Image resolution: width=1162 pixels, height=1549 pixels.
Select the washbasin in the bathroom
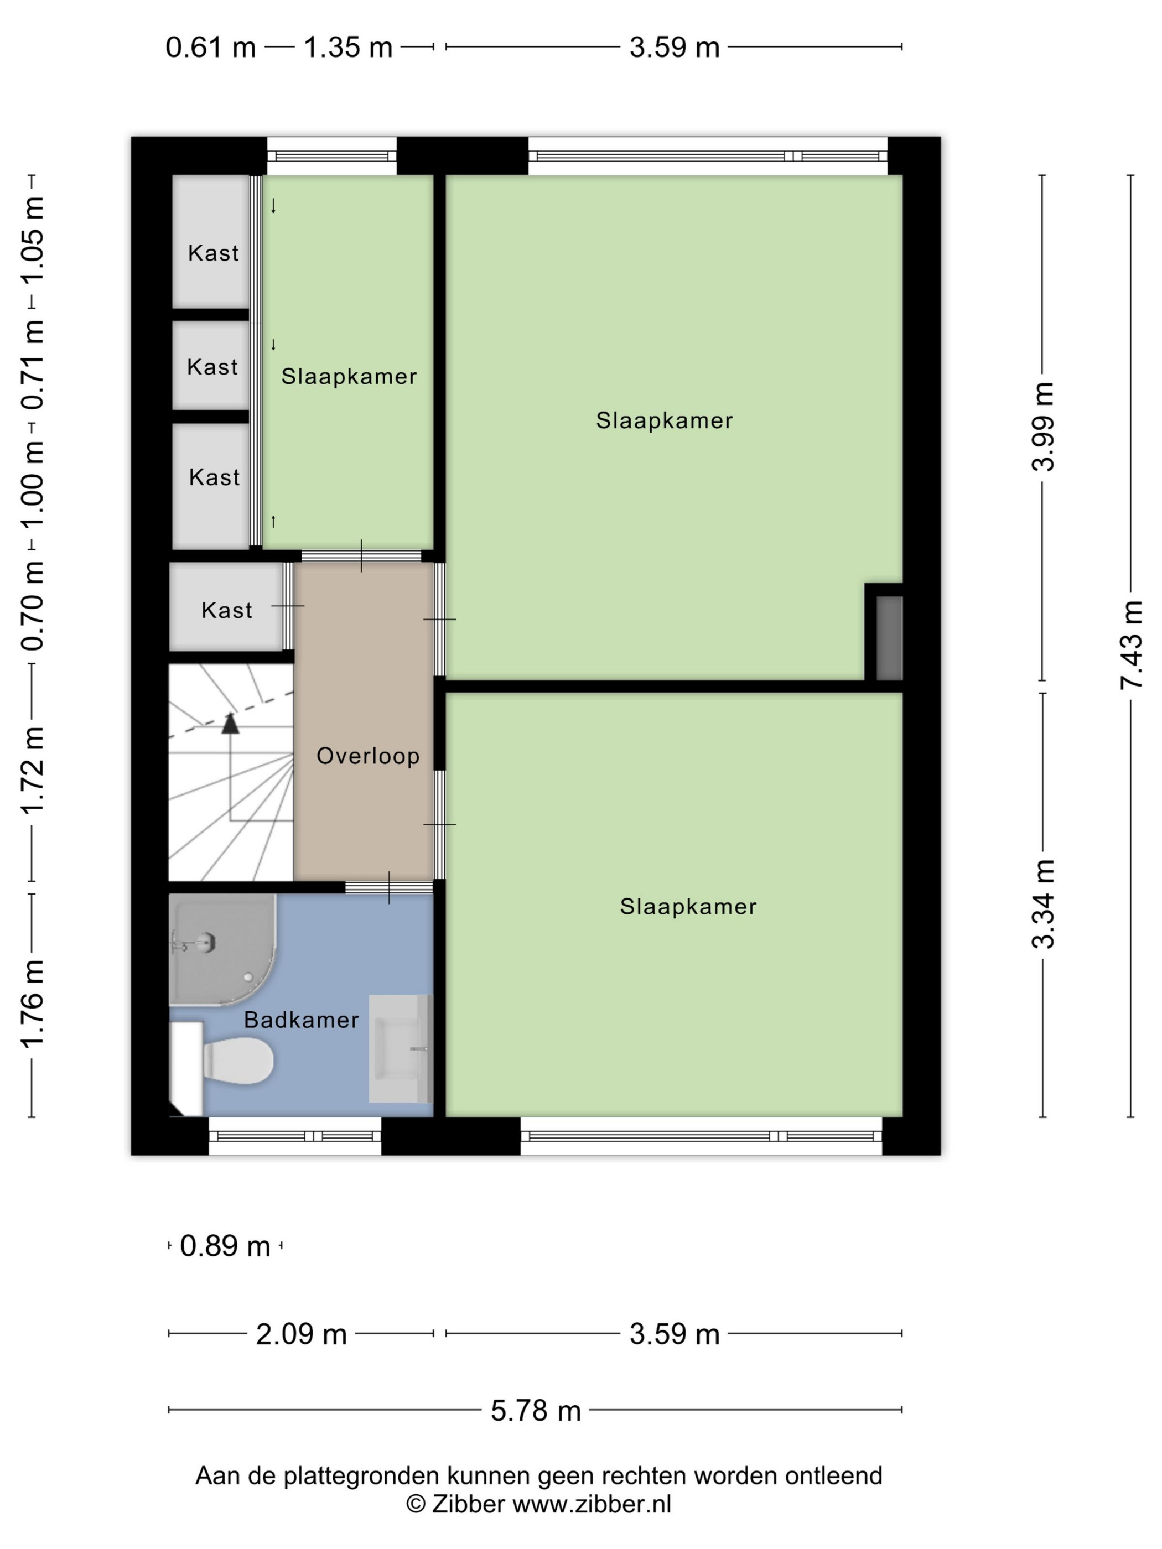pyautogui.click(x=401, y=1048)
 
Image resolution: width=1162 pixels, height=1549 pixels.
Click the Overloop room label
pyautogui.click(x=368, y=756)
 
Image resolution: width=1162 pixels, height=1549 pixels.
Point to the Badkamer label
pyautogui.click(x=301, y=1020)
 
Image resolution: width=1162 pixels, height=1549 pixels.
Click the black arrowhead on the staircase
pyautogui.click(x=230, y=724)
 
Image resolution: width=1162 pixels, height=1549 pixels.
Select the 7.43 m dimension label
pyautogui.click(x=1131, y=645)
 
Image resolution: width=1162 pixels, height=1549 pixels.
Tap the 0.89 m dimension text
pyautogui.click(x=225, y=1246)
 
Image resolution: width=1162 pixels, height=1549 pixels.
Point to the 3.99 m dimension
pyautogui.click(x=1042, y=427)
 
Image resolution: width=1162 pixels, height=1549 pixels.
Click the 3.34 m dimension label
pyautogui.click(x=1042, y=904)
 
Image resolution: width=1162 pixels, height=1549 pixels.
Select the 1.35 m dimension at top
pyautogui.click(x=347, y=48)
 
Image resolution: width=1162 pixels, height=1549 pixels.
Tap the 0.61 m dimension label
pyautogui.click(x=210, y=48)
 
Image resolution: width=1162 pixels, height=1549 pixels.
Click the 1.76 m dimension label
pyautogui.click(x=32, y=1004)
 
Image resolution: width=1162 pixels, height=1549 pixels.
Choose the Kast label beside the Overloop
pyautogui.click(x=227, y=611)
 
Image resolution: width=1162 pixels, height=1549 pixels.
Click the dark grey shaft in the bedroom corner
pyautogui.click(x=890, y=637)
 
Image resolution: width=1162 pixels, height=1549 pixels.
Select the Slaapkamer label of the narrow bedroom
pyautogui.click(x=349, y=377)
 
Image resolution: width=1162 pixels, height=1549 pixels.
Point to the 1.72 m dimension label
pyautogui.click(x=32, y=770)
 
